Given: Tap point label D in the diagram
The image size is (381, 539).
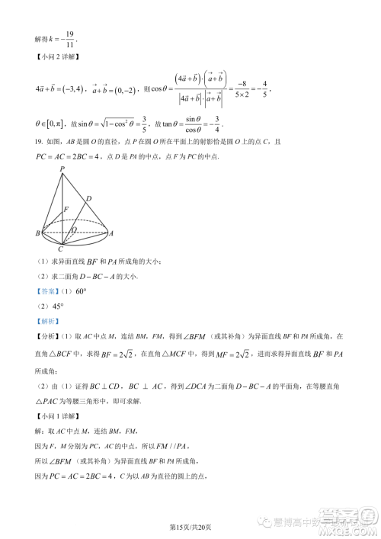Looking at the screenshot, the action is pos(88,198).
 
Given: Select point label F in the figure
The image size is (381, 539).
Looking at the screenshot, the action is pos(66,208).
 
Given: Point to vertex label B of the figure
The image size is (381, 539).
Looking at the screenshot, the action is pos(37,233).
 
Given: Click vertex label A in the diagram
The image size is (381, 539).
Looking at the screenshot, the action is pos(111,233).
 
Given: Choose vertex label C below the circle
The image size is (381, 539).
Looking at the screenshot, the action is pos(61,249).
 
